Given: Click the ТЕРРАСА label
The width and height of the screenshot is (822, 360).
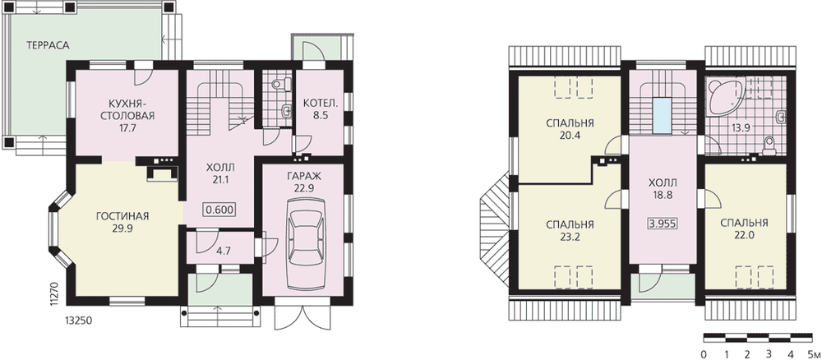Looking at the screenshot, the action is pyautogui.click(x=48, y=45).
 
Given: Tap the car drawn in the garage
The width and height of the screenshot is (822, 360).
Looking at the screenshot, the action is pyautogui.click(x=306, y=244).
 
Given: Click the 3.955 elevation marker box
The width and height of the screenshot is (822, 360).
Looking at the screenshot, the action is pyautogui.click(x=663, y=224).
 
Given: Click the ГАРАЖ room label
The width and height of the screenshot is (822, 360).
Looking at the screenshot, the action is pyautogui.click(x=305, y=176).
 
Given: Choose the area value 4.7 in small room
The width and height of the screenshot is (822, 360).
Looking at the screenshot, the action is pyautogui.click(x=224, y=251).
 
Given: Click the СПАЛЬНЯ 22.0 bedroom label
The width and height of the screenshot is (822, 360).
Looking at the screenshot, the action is pyautogui.click(x=744, y=229).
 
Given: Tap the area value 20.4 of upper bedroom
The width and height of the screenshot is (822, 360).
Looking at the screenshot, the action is pyautogui.click(x=570, y=135).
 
